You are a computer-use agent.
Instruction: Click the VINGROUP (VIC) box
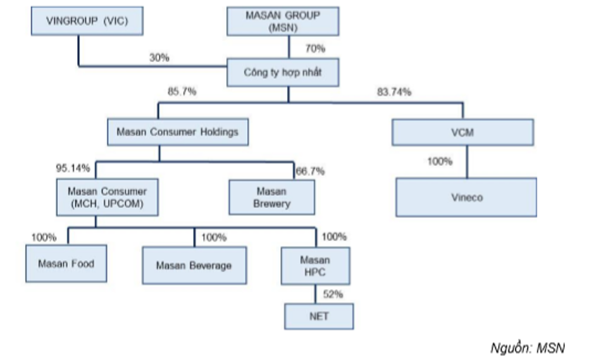coord(87,20)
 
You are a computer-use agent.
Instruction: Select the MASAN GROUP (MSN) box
coord(283,20)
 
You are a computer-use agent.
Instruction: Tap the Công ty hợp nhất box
coord(283,72)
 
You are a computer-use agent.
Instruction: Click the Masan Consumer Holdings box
coord(177,133)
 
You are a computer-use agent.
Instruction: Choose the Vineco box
coord(466,197)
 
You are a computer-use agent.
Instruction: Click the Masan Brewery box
coord(271,197)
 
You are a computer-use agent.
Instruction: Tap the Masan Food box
coord(66,263)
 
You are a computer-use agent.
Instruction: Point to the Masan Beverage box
coord(194,265)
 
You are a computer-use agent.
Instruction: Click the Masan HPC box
coord(315,266)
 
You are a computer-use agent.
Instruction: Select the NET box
coord(319,316)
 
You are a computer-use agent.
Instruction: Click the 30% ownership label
coord(159,58)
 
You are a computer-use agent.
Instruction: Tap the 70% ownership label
coord(315,49)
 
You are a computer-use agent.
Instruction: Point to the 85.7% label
coord(182,92)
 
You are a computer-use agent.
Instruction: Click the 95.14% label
coord(73,169)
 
